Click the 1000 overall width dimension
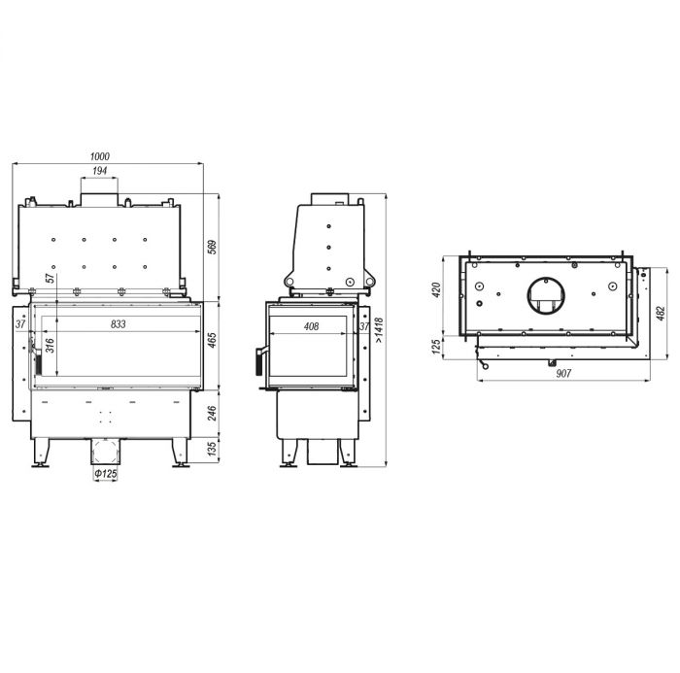(100, 156)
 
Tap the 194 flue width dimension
(100, 171)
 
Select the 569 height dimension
(213, 247)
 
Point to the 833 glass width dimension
(118, 324)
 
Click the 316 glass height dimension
(51, 346)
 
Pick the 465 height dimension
(212, 340)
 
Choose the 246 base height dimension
(212, 414)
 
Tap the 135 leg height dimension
(212, 449)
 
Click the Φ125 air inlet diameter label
(106, 473)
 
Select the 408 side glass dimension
(312, 326)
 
